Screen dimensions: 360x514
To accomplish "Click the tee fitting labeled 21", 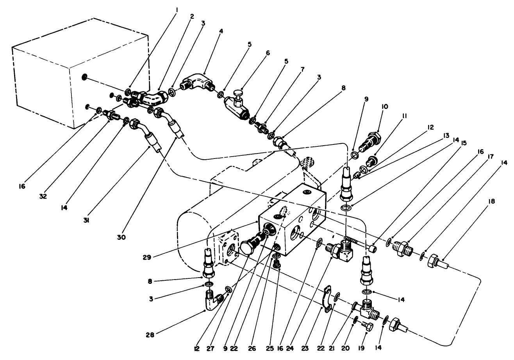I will [367, 309].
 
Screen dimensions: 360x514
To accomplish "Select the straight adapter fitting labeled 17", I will [403, 249].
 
